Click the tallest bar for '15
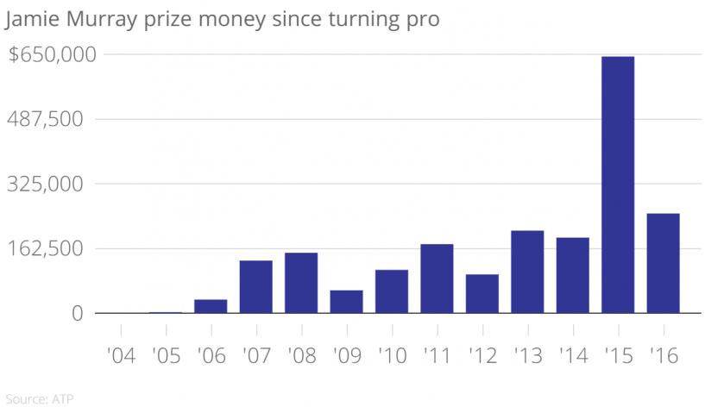point(618,185)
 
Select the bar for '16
point(663,263)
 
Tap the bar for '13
point(527,272)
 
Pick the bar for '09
point(346,302)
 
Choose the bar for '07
point(255,286)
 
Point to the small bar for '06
point(211,306)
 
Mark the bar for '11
point(437,279)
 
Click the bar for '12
point(482,293)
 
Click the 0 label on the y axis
point(77,314)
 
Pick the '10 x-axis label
point(392,355)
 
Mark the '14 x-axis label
point(572,355)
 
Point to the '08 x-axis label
point(301,355)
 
